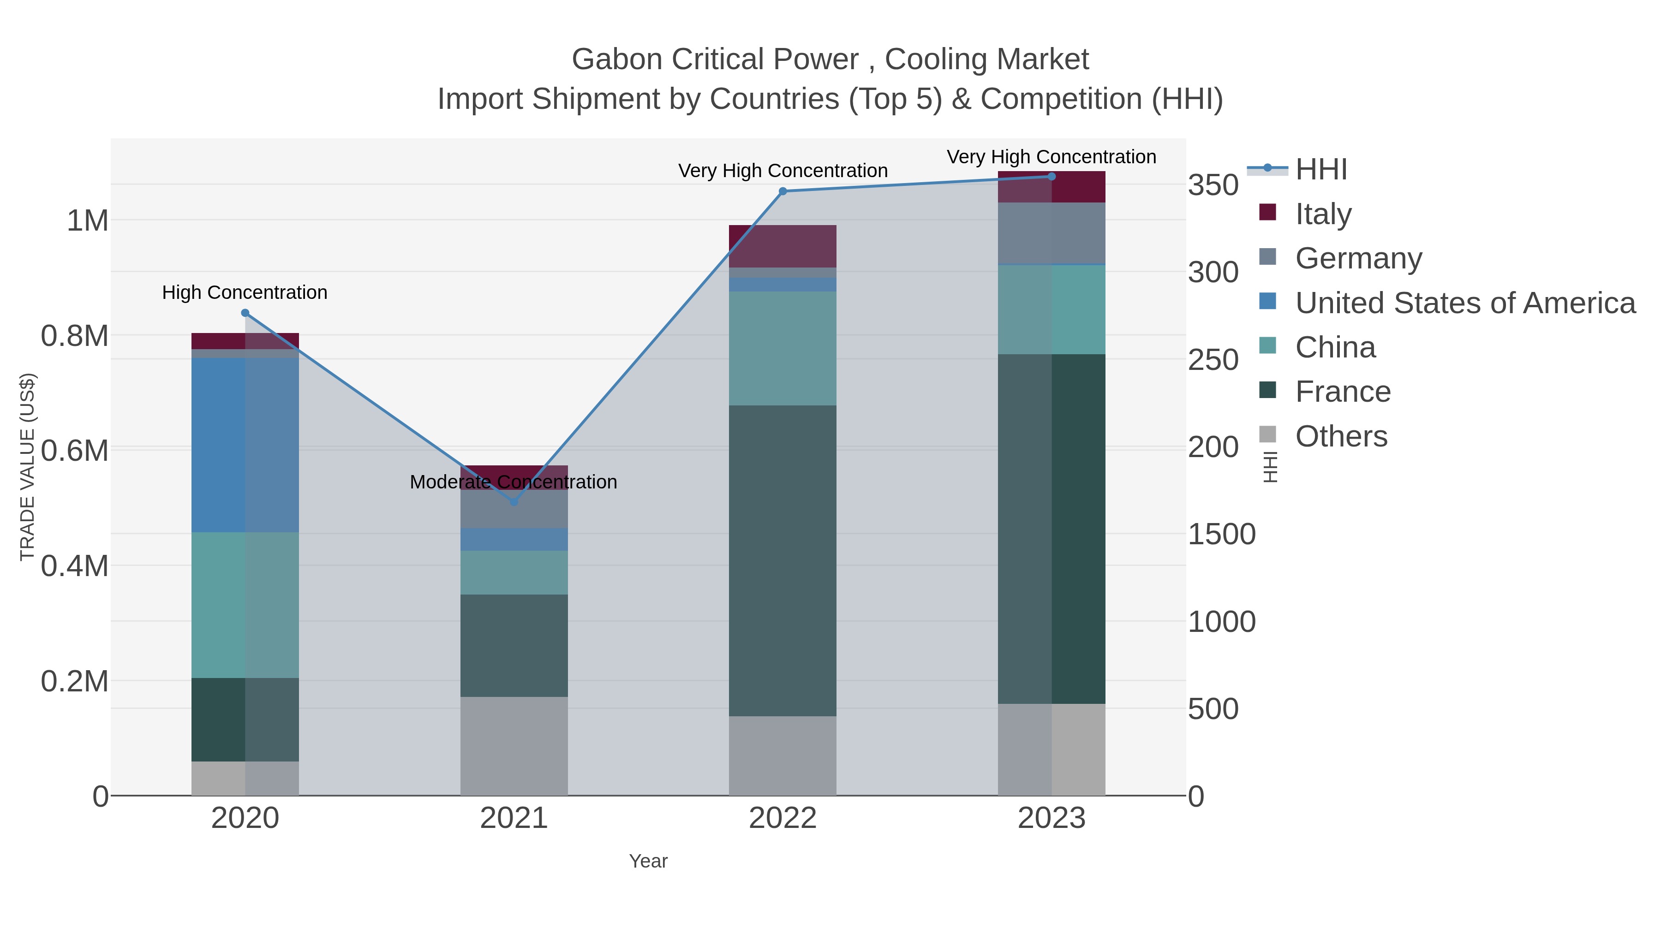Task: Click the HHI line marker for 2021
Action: pos(514,501)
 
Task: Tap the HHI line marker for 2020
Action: pos(245,313)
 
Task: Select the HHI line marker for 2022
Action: pos(783,191)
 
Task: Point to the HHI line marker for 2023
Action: pos(1052,177)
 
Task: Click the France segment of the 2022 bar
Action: pos(783,561)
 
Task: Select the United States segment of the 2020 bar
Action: pos(245,445)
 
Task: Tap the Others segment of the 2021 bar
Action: pos(514,746)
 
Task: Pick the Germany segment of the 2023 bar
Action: pos(1052,233)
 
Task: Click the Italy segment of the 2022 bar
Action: pos(783,246)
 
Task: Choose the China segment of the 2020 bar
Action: pos(245,605)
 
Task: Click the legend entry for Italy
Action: pos(1323,214)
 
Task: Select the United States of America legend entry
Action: pos(1465,303)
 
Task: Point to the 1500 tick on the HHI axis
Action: pos(1221,535)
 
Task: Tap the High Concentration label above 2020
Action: pos(245,292)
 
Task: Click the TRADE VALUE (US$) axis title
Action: pos(27,467)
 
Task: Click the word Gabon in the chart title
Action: pos(617,59)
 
